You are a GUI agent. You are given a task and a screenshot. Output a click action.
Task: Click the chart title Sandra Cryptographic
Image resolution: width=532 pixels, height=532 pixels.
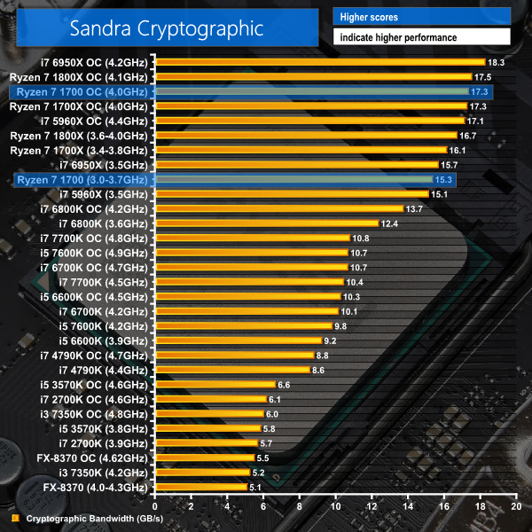[x=167, y=28]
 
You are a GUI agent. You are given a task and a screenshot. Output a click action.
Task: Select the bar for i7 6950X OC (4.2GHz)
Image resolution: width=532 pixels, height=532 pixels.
[x=319, y=62]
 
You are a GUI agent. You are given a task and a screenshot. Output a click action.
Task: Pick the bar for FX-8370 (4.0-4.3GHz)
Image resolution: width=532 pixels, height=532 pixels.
[x=200, y=487]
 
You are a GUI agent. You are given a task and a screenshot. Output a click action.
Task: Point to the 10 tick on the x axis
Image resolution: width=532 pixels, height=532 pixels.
[x=335, y=506]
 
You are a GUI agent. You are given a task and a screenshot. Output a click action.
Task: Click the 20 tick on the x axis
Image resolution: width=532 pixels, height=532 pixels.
[x=515, y=506]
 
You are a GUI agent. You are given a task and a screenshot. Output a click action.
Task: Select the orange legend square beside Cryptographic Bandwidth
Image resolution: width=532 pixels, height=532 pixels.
[x=14, y=519]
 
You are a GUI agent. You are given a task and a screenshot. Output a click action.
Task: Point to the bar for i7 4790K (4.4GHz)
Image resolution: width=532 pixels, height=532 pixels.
[x=231, y=370]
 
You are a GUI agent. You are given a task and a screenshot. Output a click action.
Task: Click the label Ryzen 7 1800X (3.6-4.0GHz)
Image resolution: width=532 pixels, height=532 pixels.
[x=78, y=136]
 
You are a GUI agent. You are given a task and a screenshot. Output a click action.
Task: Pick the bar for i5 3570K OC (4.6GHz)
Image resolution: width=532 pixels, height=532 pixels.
[x=214, y=385]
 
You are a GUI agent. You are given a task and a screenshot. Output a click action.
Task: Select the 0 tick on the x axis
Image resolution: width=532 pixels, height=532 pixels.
[x=155, y=506]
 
